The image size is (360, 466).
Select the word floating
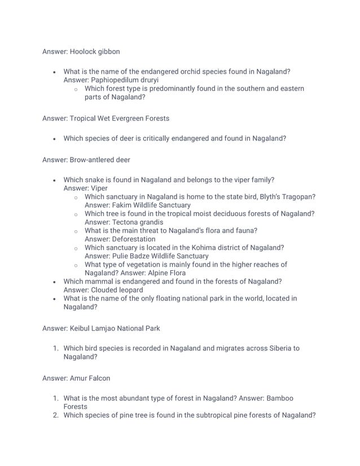point(177,298)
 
